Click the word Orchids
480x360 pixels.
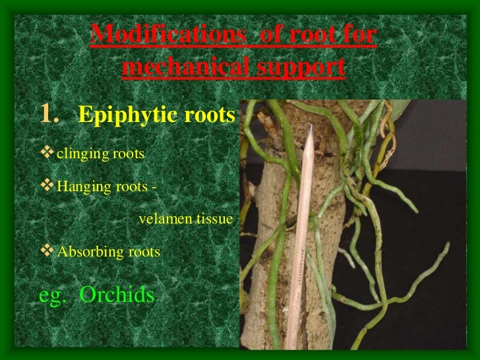point(117,295)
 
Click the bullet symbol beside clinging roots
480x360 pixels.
point(47,154)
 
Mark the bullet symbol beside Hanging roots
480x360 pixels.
point(47,186)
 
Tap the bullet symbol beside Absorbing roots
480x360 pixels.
point(47,251)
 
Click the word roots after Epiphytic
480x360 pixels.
point(212,116)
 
